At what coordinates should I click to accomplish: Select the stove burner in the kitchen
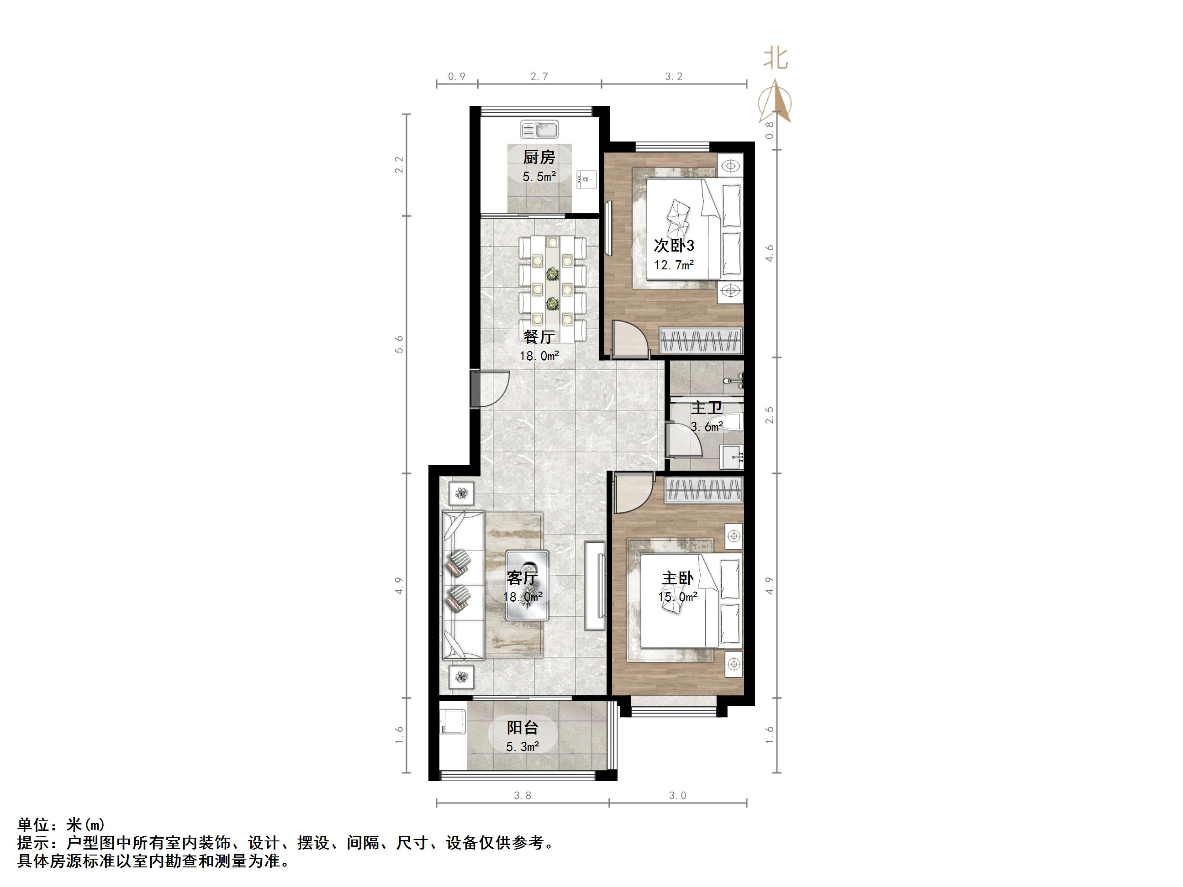(586, 180)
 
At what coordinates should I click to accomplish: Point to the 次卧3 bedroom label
(674, 246)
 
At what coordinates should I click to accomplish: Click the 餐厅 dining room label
(539, 336)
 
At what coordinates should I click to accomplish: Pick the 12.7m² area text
(674, 265)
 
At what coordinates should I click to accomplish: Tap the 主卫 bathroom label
(707, 408)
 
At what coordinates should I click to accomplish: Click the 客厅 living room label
(523, 578)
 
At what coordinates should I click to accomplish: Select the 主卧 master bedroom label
(678, 578)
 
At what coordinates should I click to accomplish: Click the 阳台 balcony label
(523, 728)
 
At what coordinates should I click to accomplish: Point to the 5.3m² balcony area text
(523, 746)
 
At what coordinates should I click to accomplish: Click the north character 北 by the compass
(776, 59)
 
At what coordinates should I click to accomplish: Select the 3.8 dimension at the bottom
(523, 796)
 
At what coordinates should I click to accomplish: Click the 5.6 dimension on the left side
(399, 344)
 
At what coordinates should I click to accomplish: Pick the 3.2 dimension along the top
(674, 76)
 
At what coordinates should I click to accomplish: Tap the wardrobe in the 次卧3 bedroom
(701, 340)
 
